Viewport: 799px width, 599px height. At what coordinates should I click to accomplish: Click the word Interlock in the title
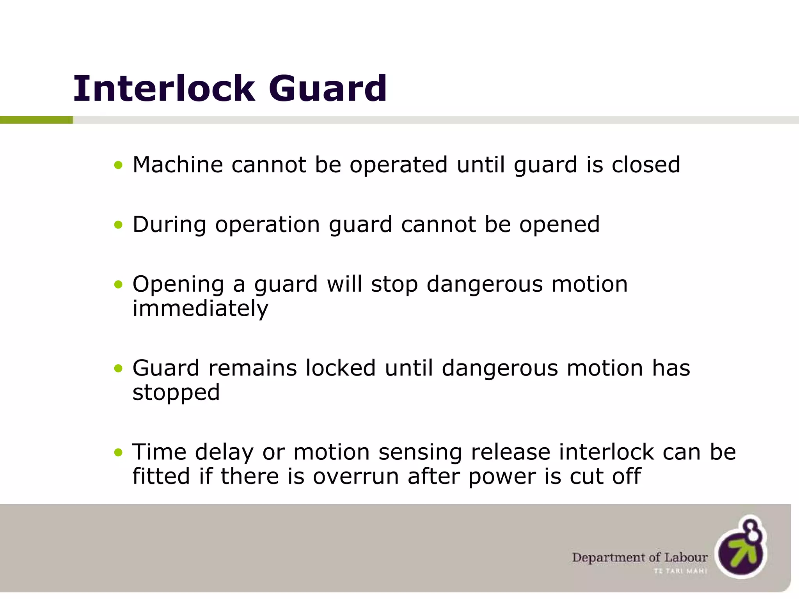coord(164,89)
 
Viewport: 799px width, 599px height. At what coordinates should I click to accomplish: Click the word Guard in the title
coord(328,89)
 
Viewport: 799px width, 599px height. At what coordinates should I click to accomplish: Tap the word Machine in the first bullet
coord(178,165)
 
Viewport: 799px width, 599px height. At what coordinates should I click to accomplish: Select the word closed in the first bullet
coord(646,165)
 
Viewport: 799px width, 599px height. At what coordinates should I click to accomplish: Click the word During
coord(169,225)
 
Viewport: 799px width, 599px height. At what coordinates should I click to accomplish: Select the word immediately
coord(200,309)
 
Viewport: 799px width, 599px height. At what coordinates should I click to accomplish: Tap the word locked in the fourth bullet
coord(340,368)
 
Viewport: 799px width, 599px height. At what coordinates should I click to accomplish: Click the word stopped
coord(176,392)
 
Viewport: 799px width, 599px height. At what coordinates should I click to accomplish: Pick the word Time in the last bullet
coord(159,452)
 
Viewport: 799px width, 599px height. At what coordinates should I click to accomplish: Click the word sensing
coord(420,453)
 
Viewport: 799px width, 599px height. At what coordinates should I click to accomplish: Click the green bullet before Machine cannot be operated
coord(118,165)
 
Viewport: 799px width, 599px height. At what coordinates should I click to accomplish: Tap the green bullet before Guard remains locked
coord(118,369)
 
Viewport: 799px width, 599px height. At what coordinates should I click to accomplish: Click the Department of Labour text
coord(639,557)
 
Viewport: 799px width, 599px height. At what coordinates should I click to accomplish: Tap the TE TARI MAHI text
coord(680,571)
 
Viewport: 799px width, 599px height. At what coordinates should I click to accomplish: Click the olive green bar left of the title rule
coord(36,120)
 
